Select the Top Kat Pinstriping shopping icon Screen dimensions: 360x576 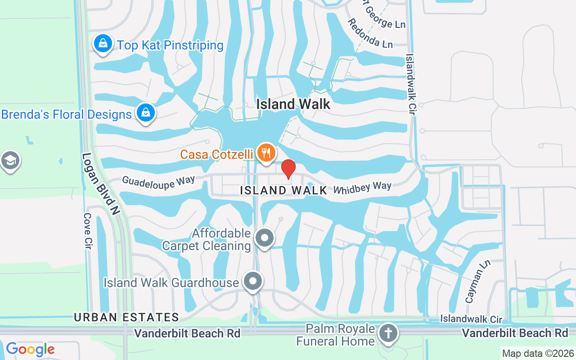[x=103, y=44]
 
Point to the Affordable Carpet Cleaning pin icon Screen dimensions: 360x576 [x=265, y=238]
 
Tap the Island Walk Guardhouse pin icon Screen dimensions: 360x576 [x=253, y=282]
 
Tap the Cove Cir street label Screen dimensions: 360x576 [x=87, y=231]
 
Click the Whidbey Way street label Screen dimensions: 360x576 [x=362, y=187]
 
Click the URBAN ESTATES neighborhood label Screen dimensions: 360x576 [x=126, y=317]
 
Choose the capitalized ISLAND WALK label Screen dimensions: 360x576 [x=283, y=190]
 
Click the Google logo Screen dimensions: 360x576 [x=30, y=349]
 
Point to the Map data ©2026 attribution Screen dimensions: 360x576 [x=538, y=354]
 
